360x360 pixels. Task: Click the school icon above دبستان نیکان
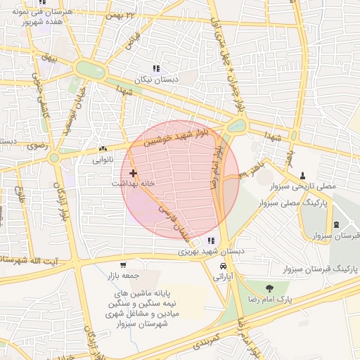tap(155, 69)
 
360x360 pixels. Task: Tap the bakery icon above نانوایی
tap(103, 149)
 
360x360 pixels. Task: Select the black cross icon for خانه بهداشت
tap(133, 172)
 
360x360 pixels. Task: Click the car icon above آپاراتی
tap(223, 267)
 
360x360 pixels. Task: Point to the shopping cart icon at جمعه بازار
tap(123, 265)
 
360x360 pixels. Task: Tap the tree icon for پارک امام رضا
tap(269, 288)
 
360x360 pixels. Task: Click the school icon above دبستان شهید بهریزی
tap(212, 240)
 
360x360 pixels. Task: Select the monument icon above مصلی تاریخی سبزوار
tap(303, 175)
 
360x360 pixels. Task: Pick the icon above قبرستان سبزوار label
tap(337, 224)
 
